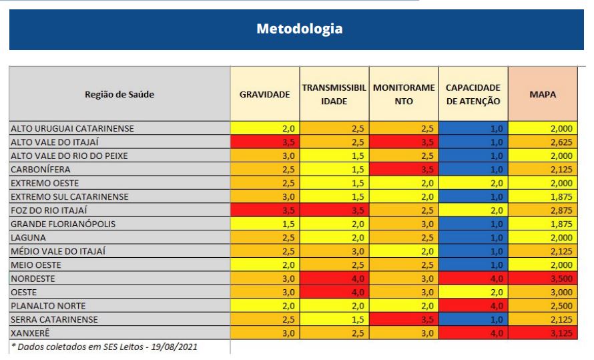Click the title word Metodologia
point(299,29)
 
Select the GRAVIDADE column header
point(264,94)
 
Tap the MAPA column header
point(543,94)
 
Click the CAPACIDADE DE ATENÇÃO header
point(473,94)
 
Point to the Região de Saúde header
point(119,94)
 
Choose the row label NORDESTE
point(33,279)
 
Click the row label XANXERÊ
point(30,333)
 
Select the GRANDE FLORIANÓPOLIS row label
point(63,224)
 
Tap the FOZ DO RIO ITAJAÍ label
point(49,210)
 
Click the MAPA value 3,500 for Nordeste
point(543,279)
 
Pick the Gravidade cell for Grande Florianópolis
point(265,224)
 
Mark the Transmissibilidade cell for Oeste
point(334,293)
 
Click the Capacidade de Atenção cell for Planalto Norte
point(474,306)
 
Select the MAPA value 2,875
point(543,210)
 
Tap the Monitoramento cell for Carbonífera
point(404,170)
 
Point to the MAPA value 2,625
point(543,142)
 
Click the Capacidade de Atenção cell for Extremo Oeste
point(474,183)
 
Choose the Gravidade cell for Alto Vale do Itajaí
point(265,142)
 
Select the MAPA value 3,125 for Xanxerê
point(543,333)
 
